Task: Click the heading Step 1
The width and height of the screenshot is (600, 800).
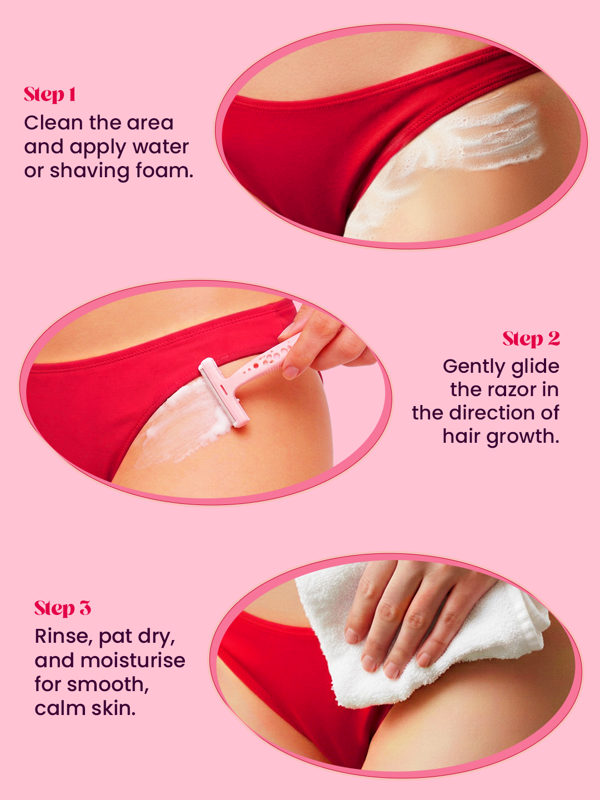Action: [50, 95]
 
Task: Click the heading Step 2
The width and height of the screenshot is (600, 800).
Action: [531, 338]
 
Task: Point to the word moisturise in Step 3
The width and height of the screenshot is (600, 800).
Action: [133, 661]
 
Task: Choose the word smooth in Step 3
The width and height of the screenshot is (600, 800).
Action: [108, 684]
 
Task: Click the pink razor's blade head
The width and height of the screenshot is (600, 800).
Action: [224, 392]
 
